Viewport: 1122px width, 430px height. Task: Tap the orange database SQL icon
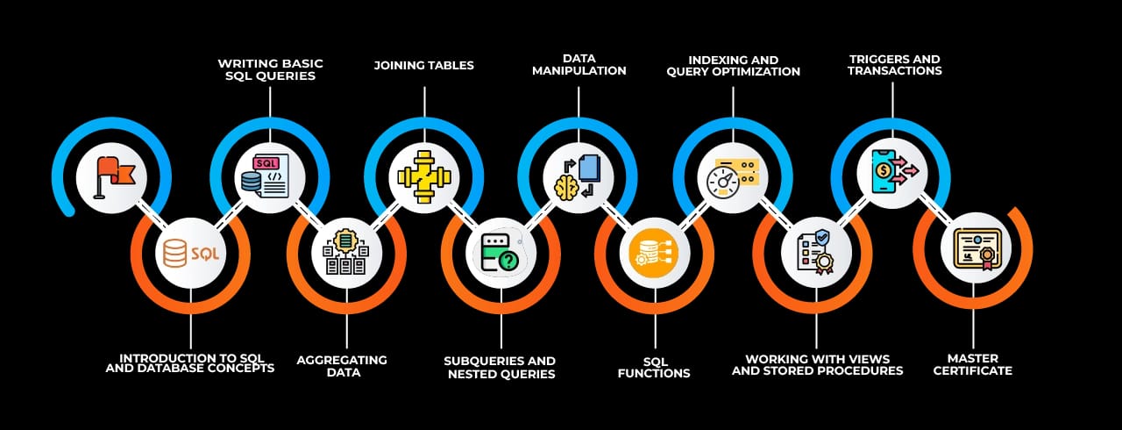[x=190, y=253]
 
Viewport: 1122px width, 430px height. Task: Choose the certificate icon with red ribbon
[x=976, y=248]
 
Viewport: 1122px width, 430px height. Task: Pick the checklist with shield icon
[x=815, y=250]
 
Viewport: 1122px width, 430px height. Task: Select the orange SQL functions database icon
[x=654, y=253]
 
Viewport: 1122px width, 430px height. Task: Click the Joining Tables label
[x=423, y=65]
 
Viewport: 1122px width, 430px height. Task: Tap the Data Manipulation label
[x=579, y=64]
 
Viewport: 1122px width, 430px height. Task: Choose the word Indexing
[x=698, y=60]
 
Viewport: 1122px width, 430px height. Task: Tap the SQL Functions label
[x=654, y=367]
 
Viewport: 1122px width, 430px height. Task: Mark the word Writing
[x=245, y=63]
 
